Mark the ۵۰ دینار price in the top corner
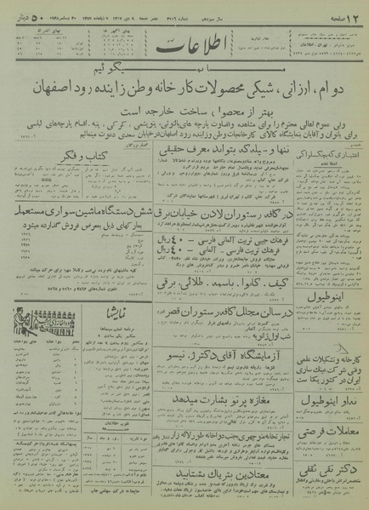22,11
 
